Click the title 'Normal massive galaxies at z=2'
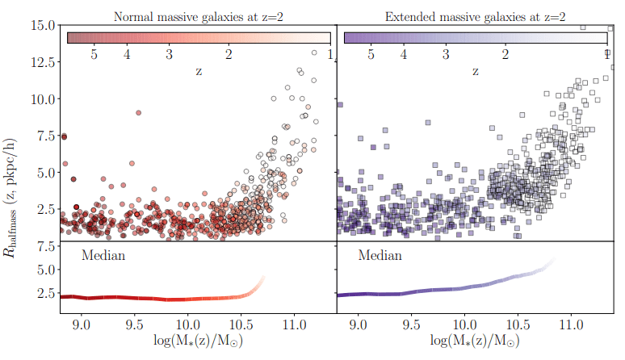[x=198, y=16]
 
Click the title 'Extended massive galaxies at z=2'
[x=476, y=16]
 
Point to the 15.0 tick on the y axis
[x=42, y=24]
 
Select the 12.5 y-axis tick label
[x=42, y=61]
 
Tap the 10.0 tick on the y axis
[x=42, y=98]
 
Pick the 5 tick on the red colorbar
[x=94, y=54]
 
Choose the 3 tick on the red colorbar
[x=169, y=54]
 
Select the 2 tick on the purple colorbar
[x=505, y=54]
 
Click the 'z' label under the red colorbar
[x=199, y=71]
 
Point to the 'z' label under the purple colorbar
[x=476, y=71]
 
